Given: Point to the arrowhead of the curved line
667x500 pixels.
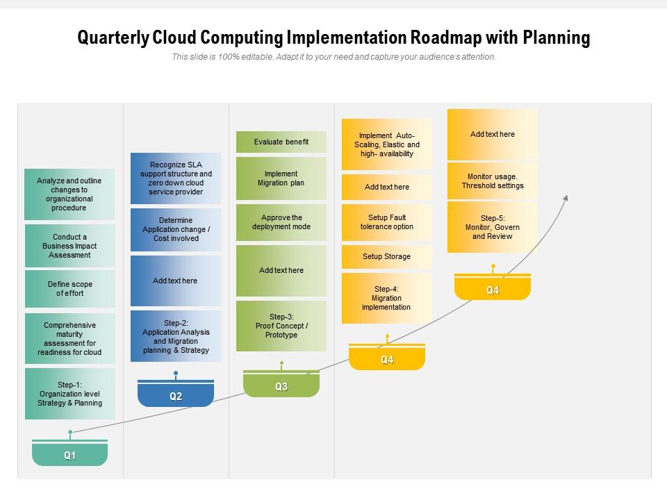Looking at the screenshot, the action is [x=566, y=198].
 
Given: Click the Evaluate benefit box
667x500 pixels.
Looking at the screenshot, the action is [x=281, y=142].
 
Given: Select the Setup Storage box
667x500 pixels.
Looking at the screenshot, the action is [x=387, y=256].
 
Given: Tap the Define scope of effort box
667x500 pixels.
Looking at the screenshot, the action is [x=69, y=289].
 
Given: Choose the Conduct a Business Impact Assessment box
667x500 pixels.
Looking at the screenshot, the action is [x=69, y=246].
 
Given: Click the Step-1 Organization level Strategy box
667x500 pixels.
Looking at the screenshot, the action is [x=69, y=394].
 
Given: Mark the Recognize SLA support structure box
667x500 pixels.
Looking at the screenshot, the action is [x=176, y=178].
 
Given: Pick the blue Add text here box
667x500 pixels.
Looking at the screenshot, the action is [x=176, y=281].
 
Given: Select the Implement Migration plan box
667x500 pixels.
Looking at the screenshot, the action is [x=281, y=178].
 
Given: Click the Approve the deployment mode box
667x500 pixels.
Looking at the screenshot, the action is [x=281, y=222].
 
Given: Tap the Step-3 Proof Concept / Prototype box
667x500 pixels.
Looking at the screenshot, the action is [x=281, y=326].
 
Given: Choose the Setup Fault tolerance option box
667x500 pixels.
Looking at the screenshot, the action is [x=387, y=222].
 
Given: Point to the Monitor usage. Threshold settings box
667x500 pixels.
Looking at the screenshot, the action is [x=493, y=181].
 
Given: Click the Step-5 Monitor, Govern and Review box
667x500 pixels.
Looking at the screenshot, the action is [x=493, y=227].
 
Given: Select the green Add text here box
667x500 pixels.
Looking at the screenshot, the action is [x=281, y=270].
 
